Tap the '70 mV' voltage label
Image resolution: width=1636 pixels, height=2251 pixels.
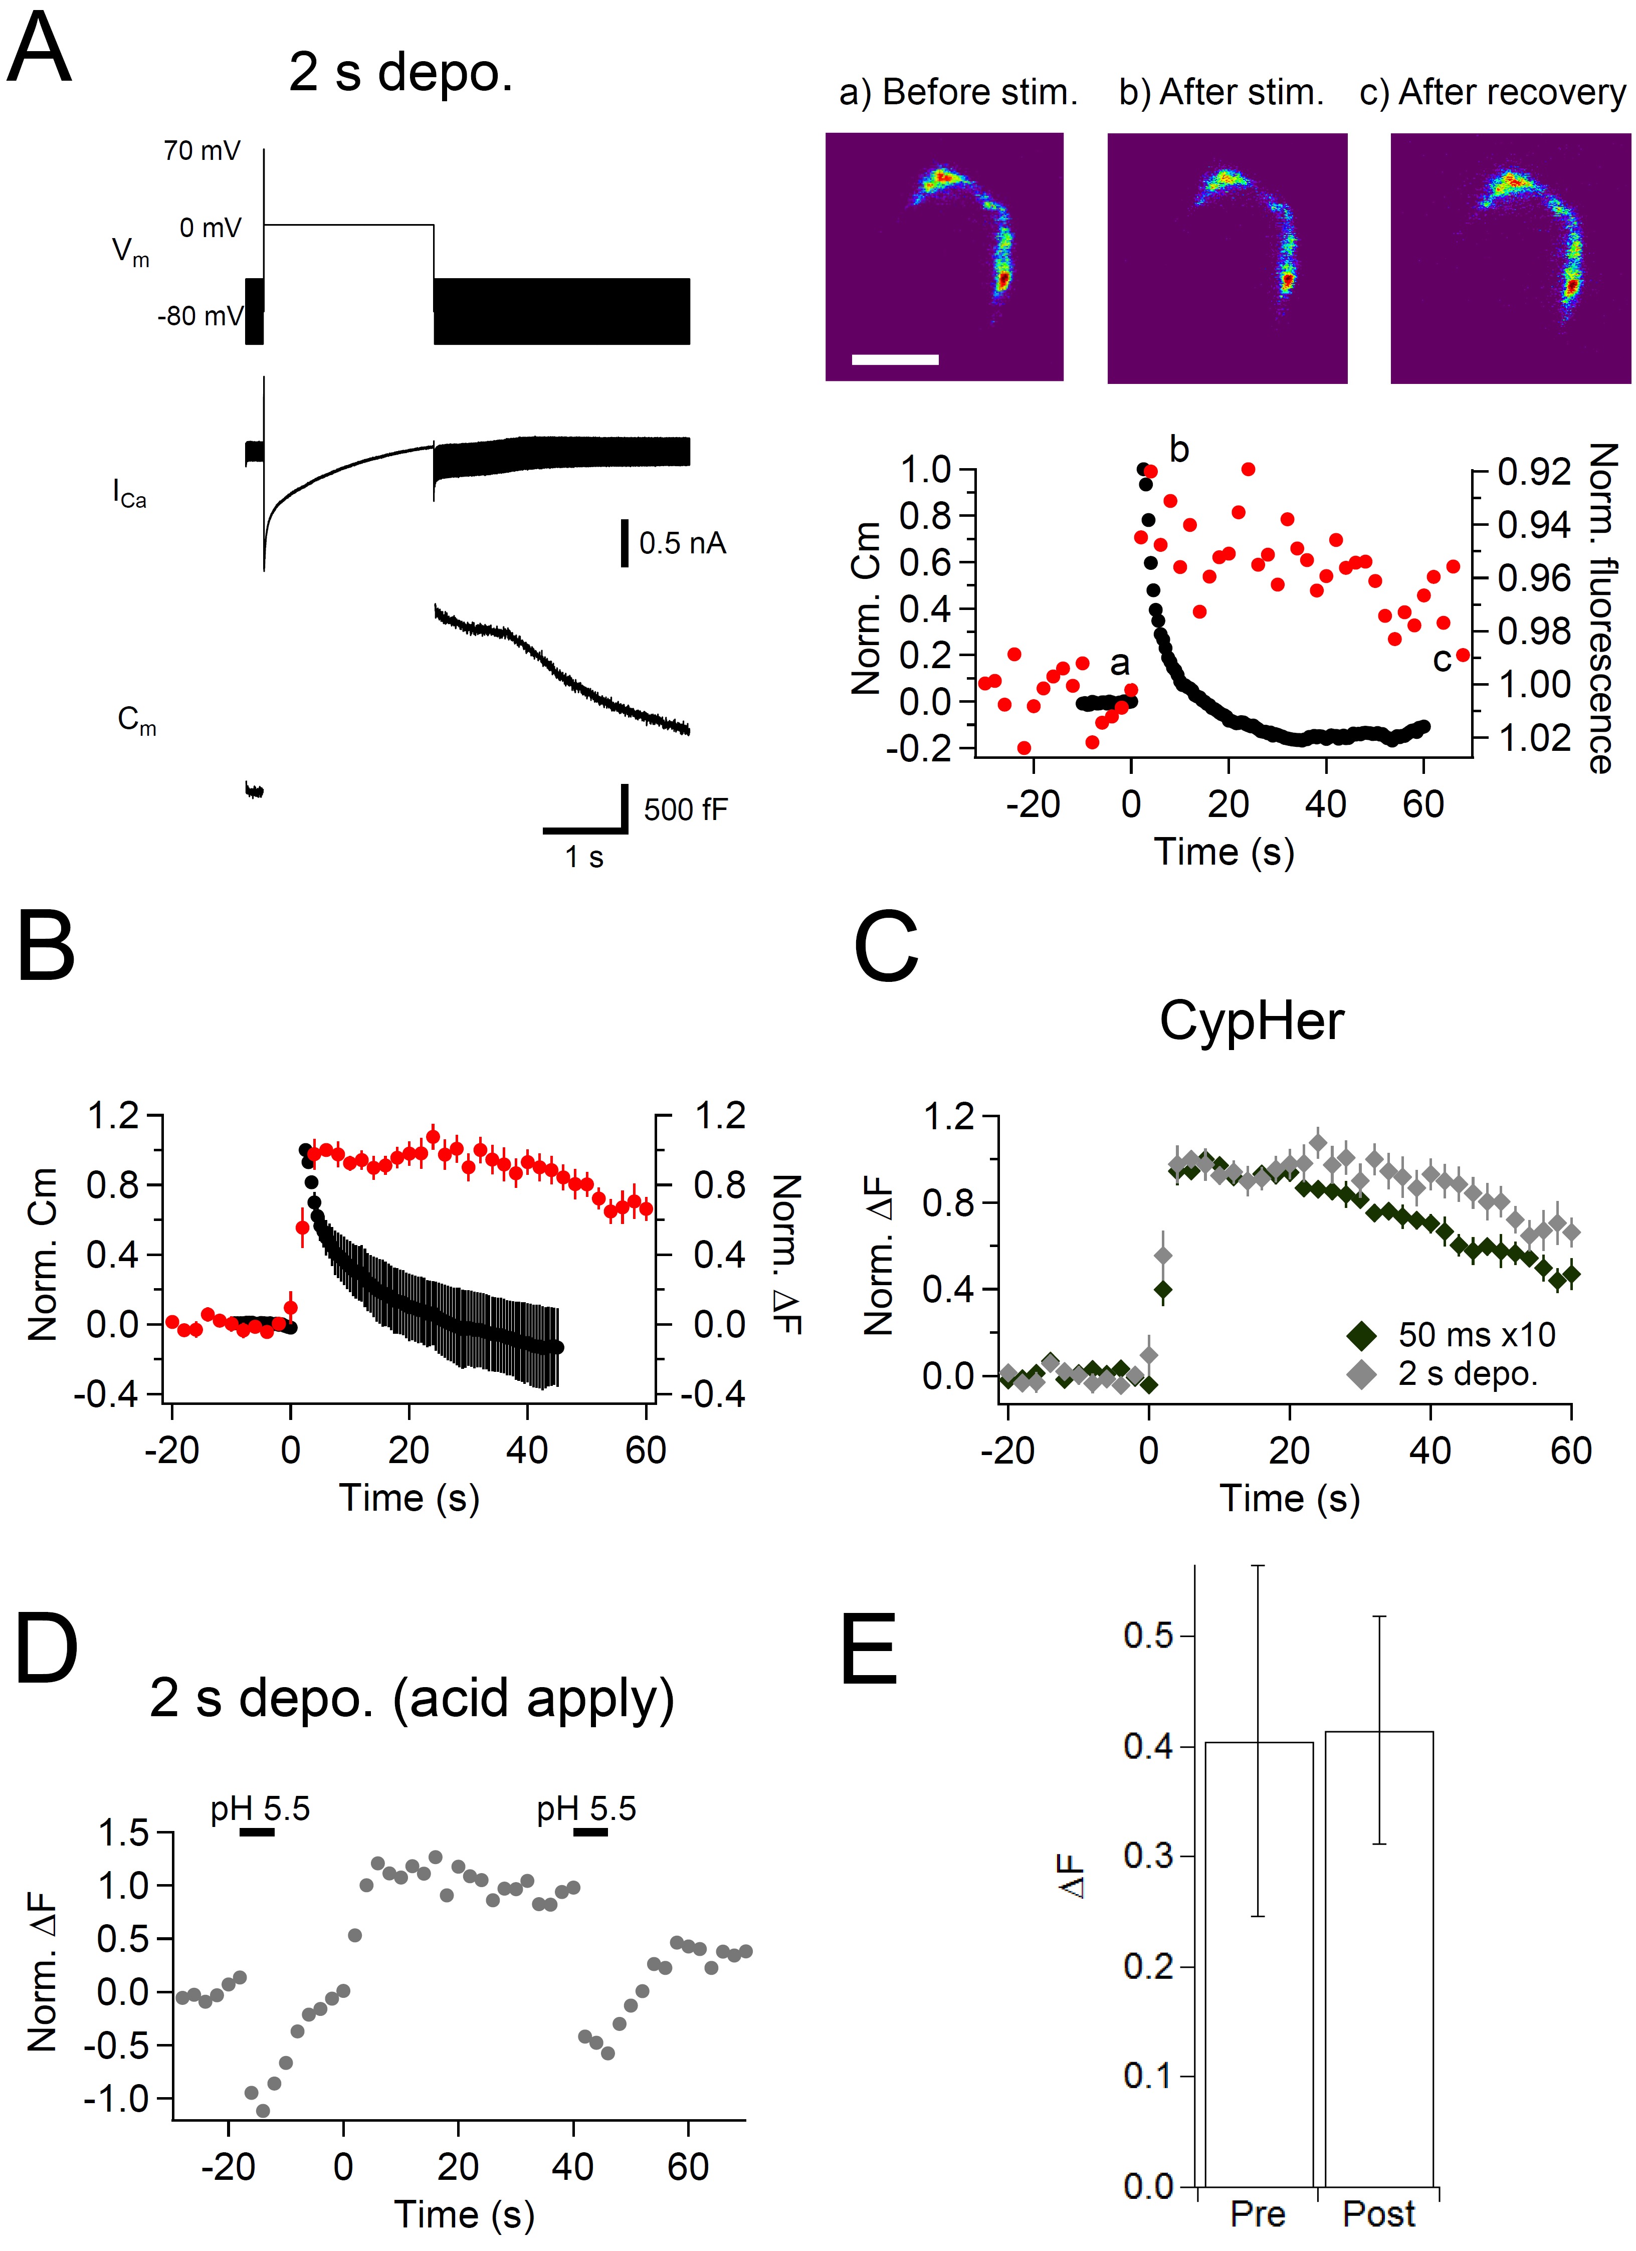tap(201, 151)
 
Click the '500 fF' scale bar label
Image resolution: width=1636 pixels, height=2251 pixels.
tap(685, 810)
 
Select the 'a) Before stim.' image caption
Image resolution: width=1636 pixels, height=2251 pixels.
tap(958, 92)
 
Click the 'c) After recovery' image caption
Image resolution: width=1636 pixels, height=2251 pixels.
tap(1492, 92)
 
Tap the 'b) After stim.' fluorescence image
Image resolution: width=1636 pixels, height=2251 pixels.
tap(1227, 258)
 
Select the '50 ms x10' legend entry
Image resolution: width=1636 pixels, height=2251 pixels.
tap(1476, 1335)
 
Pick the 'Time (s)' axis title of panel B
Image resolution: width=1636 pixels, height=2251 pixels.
tap(409, 1497)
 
